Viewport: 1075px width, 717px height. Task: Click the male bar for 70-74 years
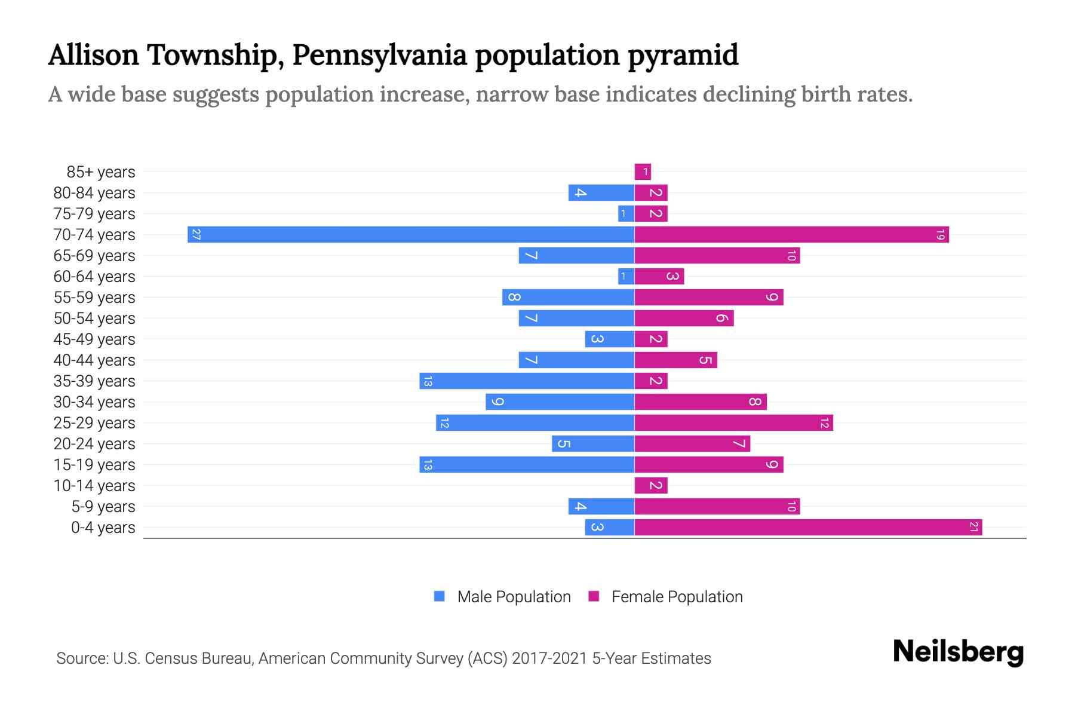point(411,234)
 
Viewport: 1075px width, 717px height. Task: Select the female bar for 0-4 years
point(808,527)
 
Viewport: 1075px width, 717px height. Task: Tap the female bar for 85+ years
point(643,172)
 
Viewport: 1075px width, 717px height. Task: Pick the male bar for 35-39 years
point(527,381)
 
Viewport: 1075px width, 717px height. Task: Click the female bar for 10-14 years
point(651,485)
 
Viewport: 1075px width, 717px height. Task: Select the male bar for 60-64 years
point(626,276)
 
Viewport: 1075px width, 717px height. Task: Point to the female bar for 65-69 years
point(717,256)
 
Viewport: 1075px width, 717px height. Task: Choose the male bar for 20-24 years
point(593,443)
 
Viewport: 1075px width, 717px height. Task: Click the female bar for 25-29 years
point(733,422)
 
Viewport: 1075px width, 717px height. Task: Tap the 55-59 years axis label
point(94,298)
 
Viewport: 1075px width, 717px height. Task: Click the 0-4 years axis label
point(103,528)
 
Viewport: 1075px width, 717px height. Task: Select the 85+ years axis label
point(101,172)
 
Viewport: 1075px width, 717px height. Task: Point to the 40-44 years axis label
point(94,360)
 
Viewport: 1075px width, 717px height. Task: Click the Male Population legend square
point(440,596)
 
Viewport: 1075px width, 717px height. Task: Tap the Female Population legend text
point(677,596)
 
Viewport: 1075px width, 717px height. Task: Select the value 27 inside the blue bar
point(196,234)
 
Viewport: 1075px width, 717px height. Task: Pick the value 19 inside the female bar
point(940,234)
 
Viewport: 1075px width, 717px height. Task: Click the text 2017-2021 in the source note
point(549,658)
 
